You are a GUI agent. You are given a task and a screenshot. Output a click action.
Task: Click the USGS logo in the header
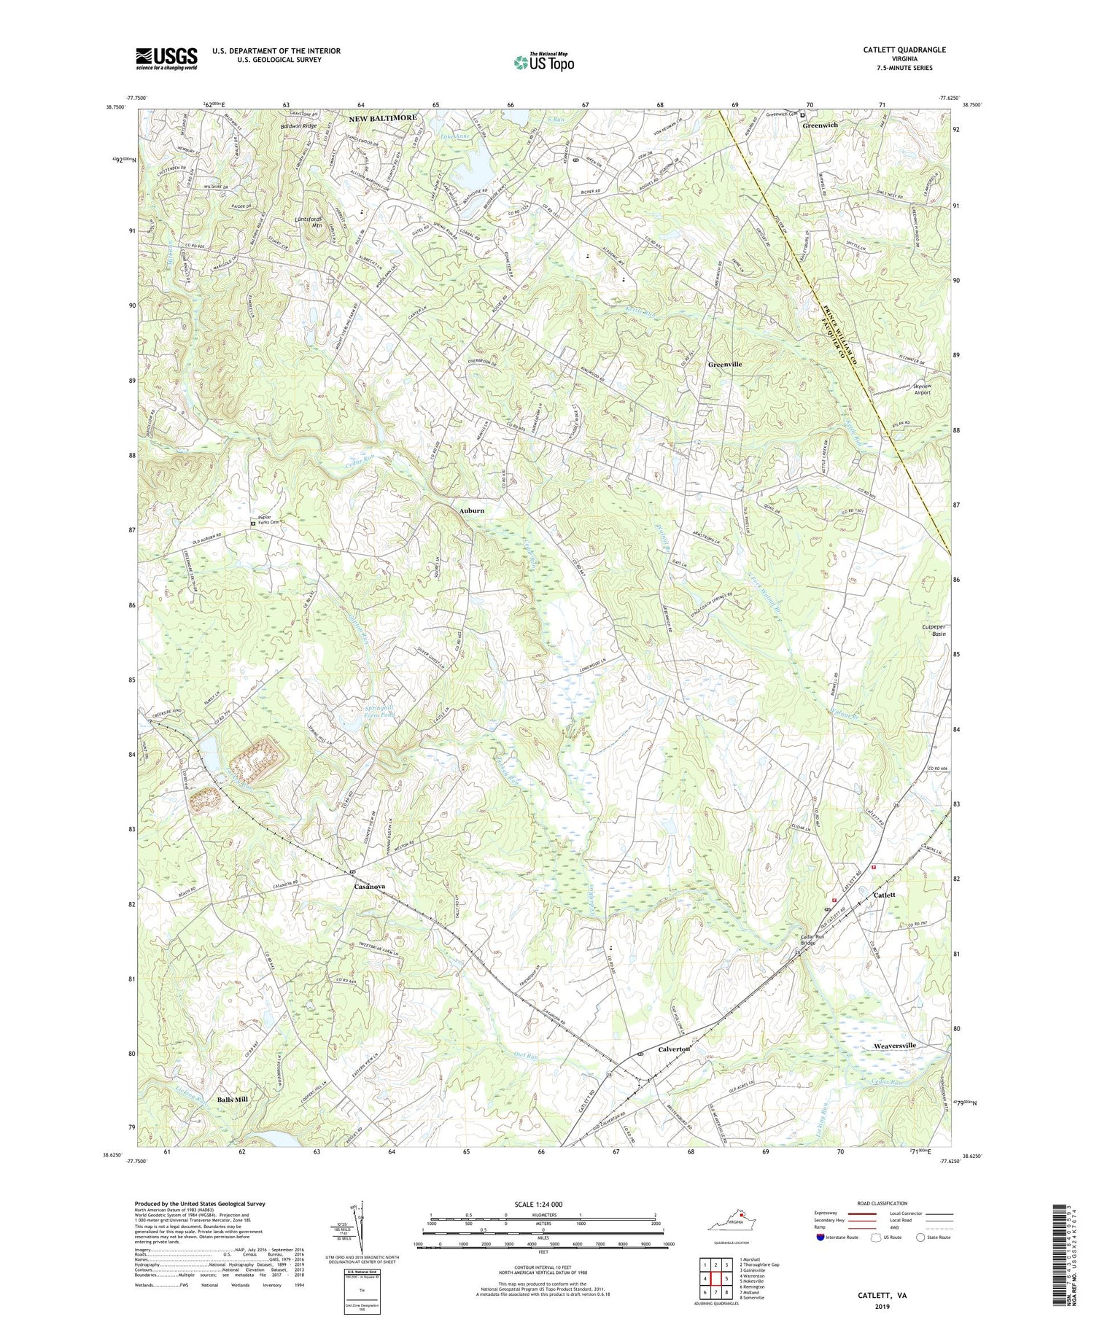(x=166, y=58)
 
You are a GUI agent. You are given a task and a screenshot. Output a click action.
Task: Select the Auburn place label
(x=471, y=510)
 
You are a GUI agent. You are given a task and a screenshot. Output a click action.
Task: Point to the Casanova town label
(x=369, y=887)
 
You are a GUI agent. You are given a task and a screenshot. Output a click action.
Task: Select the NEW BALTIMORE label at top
(x=382, y=117)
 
